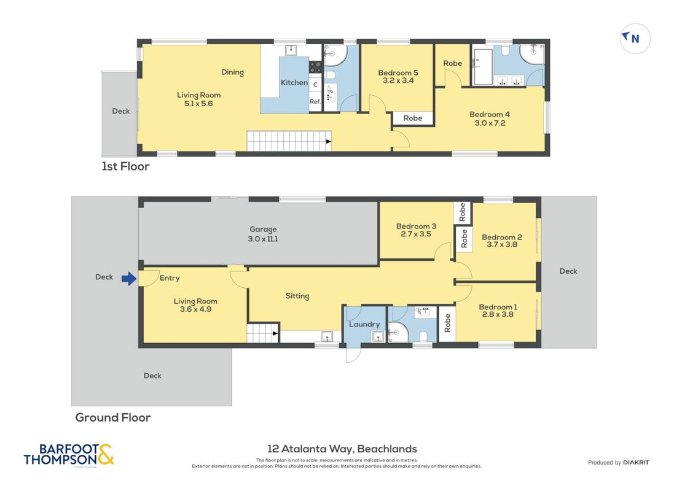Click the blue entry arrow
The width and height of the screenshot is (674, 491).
(x=129, y=279)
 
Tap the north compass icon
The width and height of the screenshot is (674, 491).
(x=635, y=38)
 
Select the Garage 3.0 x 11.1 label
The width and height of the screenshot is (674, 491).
(x=263, y=234)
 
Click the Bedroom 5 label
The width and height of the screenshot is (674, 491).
(x=398, y=72)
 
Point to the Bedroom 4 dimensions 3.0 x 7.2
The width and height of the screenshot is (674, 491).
(x=490, y=123)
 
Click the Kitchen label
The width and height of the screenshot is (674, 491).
(x=294, y=82)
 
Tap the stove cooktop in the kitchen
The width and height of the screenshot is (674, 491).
(x=316, y=66)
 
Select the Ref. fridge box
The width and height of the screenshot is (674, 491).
(x=316, y=101)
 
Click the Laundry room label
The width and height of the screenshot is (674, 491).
(x=364, y=324)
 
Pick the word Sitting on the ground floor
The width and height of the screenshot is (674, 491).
(x=297, y=296)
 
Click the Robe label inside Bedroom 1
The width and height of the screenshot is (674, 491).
(x=447, y=323)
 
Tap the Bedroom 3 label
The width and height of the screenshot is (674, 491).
(x=416, y=226)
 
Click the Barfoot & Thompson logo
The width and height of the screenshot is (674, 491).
(x=69, y=455)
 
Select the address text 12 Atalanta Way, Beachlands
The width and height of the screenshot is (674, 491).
(x=342, y=449)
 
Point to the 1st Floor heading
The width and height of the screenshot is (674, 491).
(x=125, y=166)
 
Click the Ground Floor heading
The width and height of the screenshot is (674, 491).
(x=113, y=417)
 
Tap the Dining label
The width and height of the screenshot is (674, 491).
(x=232, y=72)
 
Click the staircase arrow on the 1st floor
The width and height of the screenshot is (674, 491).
(x=329, y=141)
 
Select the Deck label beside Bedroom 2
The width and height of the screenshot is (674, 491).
(x=568, y=271)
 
